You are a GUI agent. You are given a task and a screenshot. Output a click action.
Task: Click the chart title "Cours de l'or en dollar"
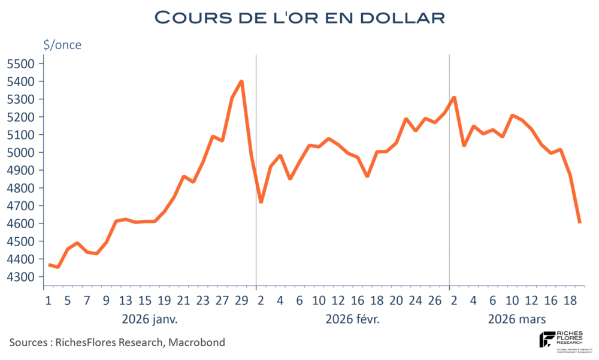(x=299, y=17)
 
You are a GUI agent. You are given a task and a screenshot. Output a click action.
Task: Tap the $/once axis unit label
(x=62, y=44)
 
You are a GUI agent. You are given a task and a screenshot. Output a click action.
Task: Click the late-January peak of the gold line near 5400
(x=241, y=81)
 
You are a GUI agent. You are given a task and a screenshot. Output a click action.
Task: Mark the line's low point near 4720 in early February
(x=261, y=202)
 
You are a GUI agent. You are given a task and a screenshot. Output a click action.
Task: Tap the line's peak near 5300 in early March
(x=454, y=97)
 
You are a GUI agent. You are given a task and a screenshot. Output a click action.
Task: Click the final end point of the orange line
(x=579, y=222)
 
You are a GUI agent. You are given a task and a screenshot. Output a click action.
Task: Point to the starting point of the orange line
(x=49, y=264)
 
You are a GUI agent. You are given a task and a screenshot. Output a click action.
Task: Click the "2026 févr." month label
(x=353, y=318)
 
